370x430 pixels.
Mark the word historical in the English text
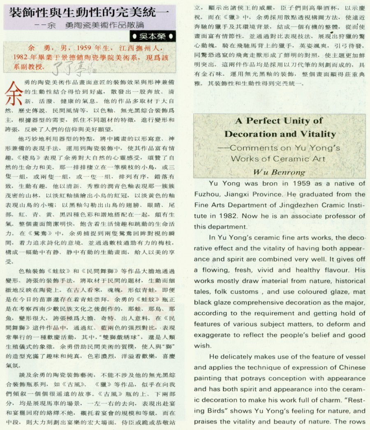(x=345, y=281)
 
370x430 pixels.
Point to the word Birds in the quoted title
(x=215, y=411)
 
